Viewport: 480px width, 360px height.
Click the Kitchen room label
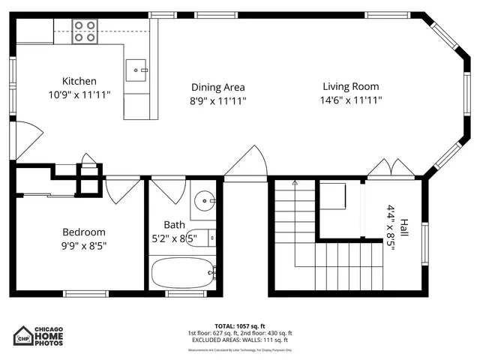click(x=79, y=81)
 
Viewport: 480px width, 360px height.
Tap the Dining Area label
click(x=217, y=87)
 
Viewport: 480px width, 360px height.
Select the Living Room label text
click(x=351, y=86)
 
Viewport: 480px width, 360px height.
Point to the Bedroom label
click(x=83, y=232)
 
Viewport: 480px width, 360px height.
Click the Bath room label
click(x=174, y=224)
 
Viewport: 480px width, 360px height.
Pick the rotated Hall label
click(x=403, y=228)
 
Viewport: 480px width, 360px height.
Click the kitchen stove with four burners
click(x=84, y=31)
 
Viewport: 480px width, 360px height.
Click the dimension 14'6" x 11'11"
click(x=351, y=100)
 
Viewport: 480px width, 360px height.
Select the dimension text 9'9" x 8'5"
click(x=83, y=245)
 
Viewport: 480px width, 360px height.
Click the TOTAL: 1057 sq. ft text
click(x=239, y=326)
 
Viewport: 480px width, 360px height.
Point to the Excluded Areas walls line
click(x=239, y=340)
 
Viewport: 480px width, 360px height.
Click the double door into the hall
click(x=389, y=169)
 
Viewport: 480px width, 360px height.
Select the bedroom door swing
click(x=123, y=189)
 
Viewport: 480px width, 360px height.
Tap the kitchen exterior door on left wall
click(x=24, y=139)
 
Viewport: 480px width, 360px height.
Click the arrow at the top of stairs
click(x=295, y=183)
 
